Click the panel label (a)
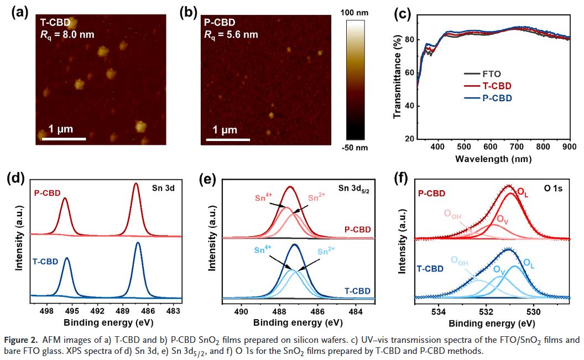pyautogui.click(x=20, y=12)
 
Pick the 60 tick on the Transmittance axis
pyautogui.click(x=408, y=72)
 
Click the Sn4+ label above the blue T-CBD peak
pyautogui.click(x=263, y=250)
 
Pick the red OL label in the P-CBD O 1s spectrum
pyautogui.click(x=523, y=191)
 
